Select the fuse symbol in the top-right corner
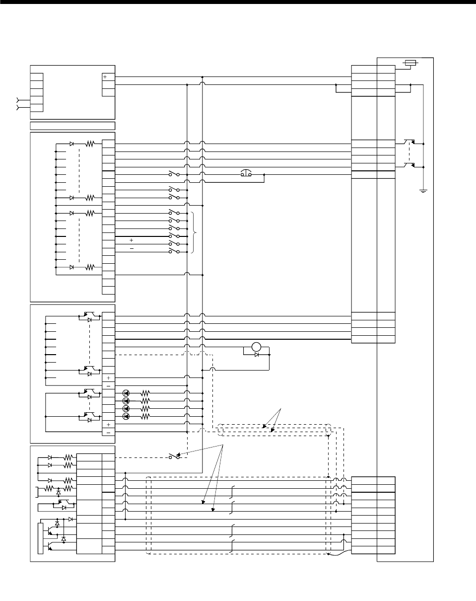click(x=409, y=63)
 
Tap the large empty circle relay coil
click(x=256, y=347)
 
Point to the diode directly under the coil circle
click(x=256, y=355)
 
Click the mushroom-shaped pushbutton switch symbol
click(x=246, y=174)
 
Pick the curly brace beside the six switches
click(x=195, y=232)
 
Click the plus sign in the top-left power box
click(x=105, y=77)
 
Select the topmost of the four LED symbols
click(x=126, y=393)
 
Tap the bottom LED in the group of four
click(x=126, y=416)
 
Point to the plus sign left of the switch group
click(x=131, y=240)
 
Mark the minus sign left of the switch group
click(x=131, y=248)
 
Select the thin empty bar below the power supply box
click(x=72, y=126)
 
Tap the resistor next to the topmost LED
click(x=145, y=393)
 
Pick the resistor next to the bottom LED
click(x=145, y=416)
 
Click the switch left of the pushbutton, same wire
click(x=173, y=174)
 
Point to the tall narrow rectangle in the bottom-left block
click(x=40, y=538)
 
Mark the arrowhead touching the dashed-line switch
click(x=180, y=455)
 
